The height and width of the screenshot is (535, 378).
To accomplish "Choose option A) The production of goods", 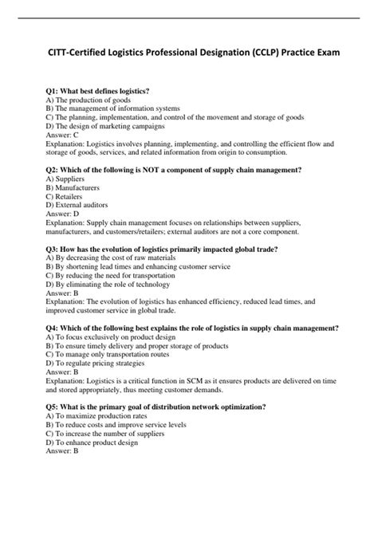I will pos(89,102).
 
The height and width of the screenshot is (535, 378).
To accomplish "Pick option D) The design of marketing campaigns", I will pos(105,126).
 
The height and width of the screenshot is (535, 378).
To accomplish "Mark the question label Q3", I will pos(53,249).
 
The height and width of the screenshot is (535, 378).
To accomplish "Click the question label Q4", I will pos(53,327).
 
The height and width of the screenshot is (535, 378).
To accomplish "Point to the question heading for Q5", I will pos(156,407).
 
